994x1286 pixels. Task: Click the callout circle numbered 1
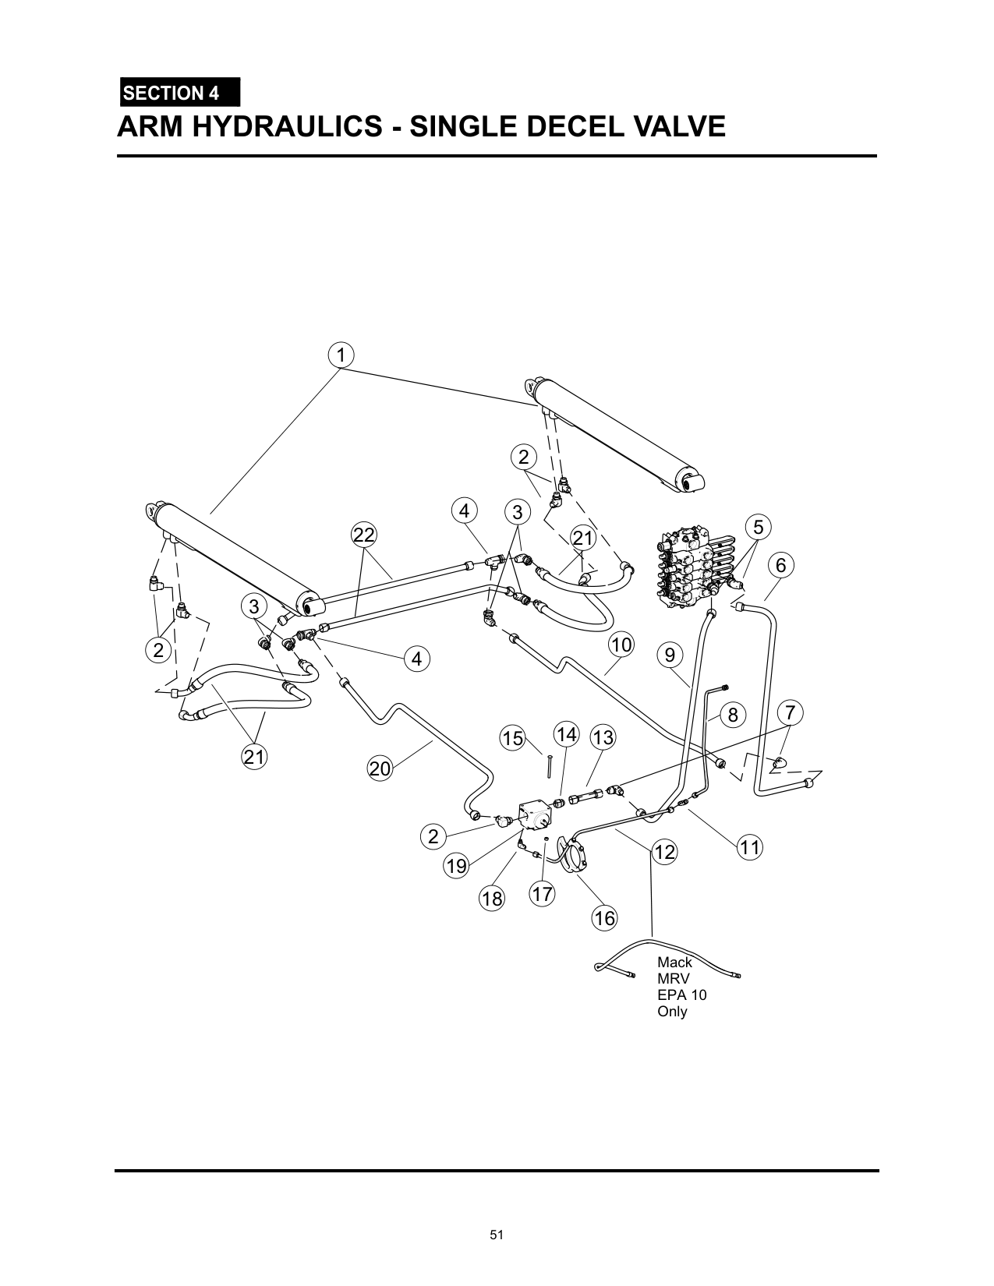(341, 355)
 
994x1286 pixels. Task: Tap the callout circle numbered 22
(364, 535)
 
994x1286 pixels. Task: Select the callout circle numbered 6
(781, 566)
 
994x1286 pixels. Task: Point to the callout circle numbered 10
(621, 645)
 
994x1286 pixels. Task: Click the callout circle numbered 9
(670, 655)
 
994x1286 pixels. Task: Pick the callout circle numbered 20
(380, 768)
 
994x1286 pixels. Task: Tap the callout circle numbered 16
(604, 918)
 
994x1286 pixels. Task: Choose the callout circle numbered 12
(664, 852)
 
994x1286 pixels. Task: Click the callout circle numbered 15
(513, 739)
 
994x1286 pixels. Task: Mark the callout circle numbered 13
(603, 737)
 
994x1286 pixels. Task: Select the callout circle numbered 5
(759, 527)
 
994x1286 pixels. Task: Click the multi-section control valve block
(696, 569)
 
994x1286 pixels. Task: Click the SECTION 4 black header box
(180, 92)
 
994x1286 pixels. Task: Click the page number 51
(497, 1235)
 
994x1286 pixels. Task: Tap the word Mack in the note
(674, 963)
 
